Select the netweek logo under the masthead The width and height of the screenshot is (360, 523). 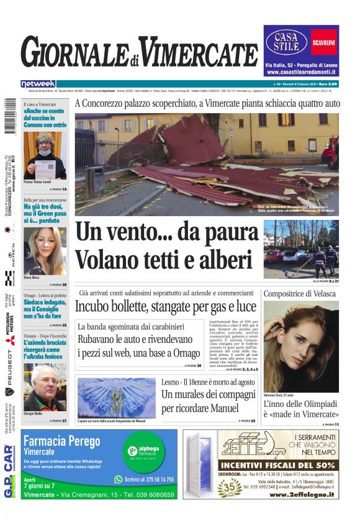pos(38,84)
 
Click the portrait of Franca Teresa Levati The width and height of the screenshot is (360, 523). pos(45,155)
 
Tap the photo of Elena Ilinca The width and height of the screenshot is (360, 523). pos(45,252)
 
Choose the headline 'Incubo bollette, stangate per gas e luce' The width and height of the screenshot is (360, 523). pos(166,306)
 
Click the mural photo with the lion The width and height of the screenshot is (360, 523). pos(117,398)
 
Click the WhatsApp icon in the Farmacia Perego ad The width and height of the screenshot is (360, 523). pos(119,480)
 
